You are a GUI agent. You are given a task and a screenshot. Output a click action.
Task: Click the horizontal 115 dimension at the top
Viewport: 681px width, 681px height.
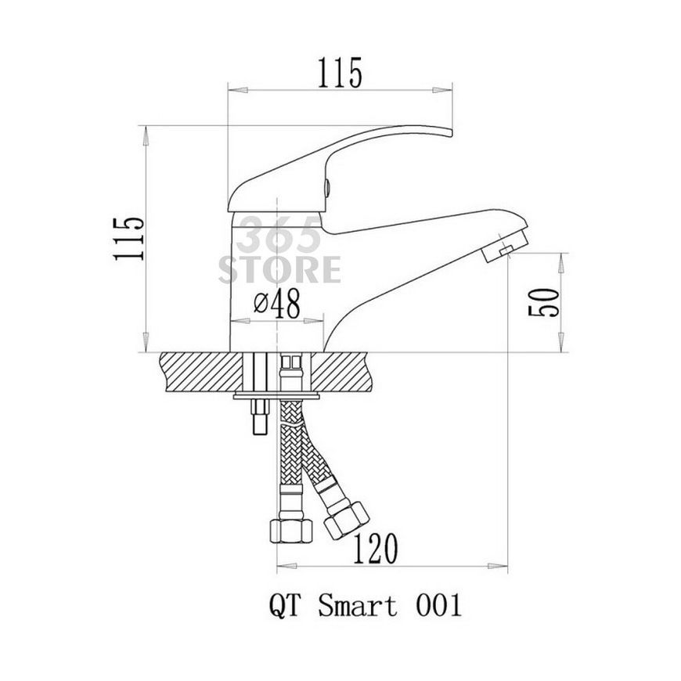click(x=340, y=73)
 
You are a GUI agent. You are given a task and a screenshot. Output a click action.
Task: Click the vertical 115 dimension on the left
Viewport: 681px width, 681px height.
click(x=129, y=239)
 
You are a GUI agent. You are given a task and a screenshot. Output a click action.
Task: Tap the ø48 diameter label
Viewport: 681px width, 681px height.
click(x=277, y=303)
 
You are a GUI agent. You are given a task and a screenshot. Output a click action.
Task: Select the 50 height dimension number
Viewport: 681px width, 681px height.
click(x=543, y=302)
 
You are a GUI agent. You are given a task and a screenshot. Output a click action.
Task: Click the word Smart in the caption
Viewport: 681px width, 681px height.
click(x=358, y=605)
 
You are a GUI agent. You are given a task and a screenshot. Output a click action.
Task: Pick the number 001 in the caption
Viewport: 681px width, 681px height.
click(x=438, y=605)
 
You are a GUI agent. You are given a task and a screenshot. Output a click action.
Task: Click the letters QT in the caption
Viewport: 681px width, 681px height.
click(x=285, y=605)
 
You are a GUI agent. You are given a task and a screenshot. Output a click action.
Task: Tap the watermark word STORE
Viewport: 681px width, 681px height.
click(x=279, y=270)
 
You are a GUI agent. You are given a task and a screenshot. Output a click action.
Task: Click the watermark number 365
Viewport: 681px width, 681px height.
click(x=278, y=236)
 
